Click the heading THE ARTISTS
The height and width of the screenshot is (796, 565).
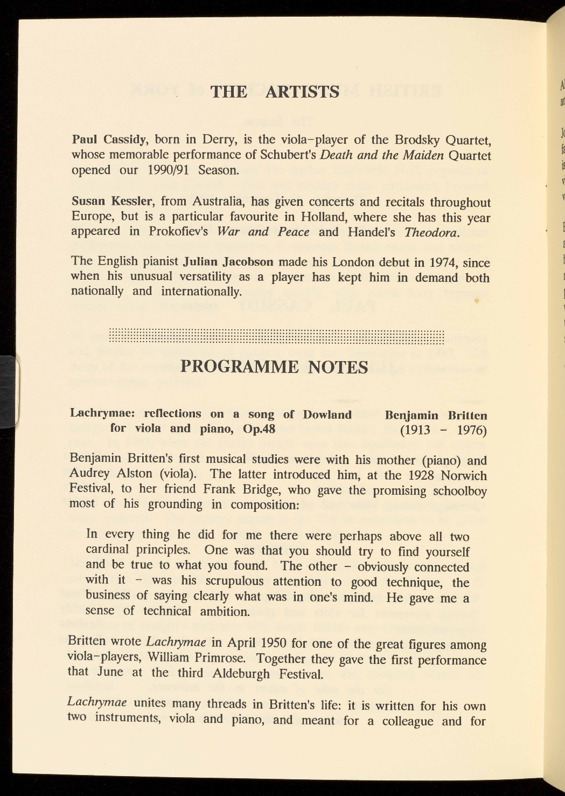[x=275, y=92]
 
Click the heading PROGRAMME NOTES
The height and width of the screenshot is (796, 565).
[x=274, y=367]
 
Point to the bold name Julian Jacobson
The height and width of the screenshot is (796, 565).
[x=228, y=262]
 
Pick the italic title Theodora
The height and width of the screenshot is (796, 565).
[x=432, y=233]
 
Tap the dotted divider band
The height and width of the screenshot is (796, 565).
[x=276, y=337]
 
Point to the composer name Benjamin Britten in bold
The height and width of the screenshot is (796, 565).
[x=436, y=416]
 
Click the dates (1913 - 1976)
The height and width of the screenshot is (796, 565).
[x=443, y=431]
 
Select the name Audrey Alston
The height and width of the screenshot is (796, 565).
[x=111, y=474]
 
